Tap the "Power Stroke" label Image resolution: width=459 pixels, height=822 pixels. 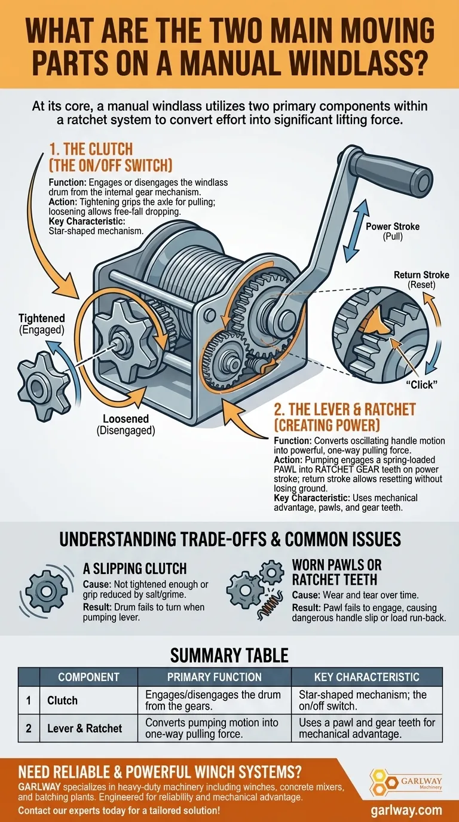tap(393, 227)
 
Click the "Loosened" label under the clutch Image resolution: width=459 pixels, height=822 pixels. tap(125, 419)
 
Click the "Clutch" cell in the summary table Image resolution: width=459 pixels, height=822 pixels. tap(62, 700)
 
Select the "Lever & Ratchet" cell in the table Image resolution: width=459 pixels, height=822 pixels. tap(84, 728)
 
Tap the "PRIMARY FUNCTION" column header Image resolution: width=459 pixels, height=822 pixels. tap(214, 677)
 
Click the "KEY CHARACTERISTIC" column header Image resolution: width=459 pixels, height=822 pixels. tap(366, 677)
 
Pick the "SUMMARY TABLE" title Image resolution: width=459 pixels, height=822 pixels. tap(229, 655)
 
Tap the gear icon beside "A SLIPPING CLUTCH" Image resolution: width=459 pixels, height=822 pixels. tap(46, 588)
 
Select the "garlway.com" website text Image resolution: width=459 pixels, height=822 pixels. tap(406, 810)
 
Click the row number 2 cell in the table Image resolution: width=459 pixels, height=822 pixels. tap(29, 728)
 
